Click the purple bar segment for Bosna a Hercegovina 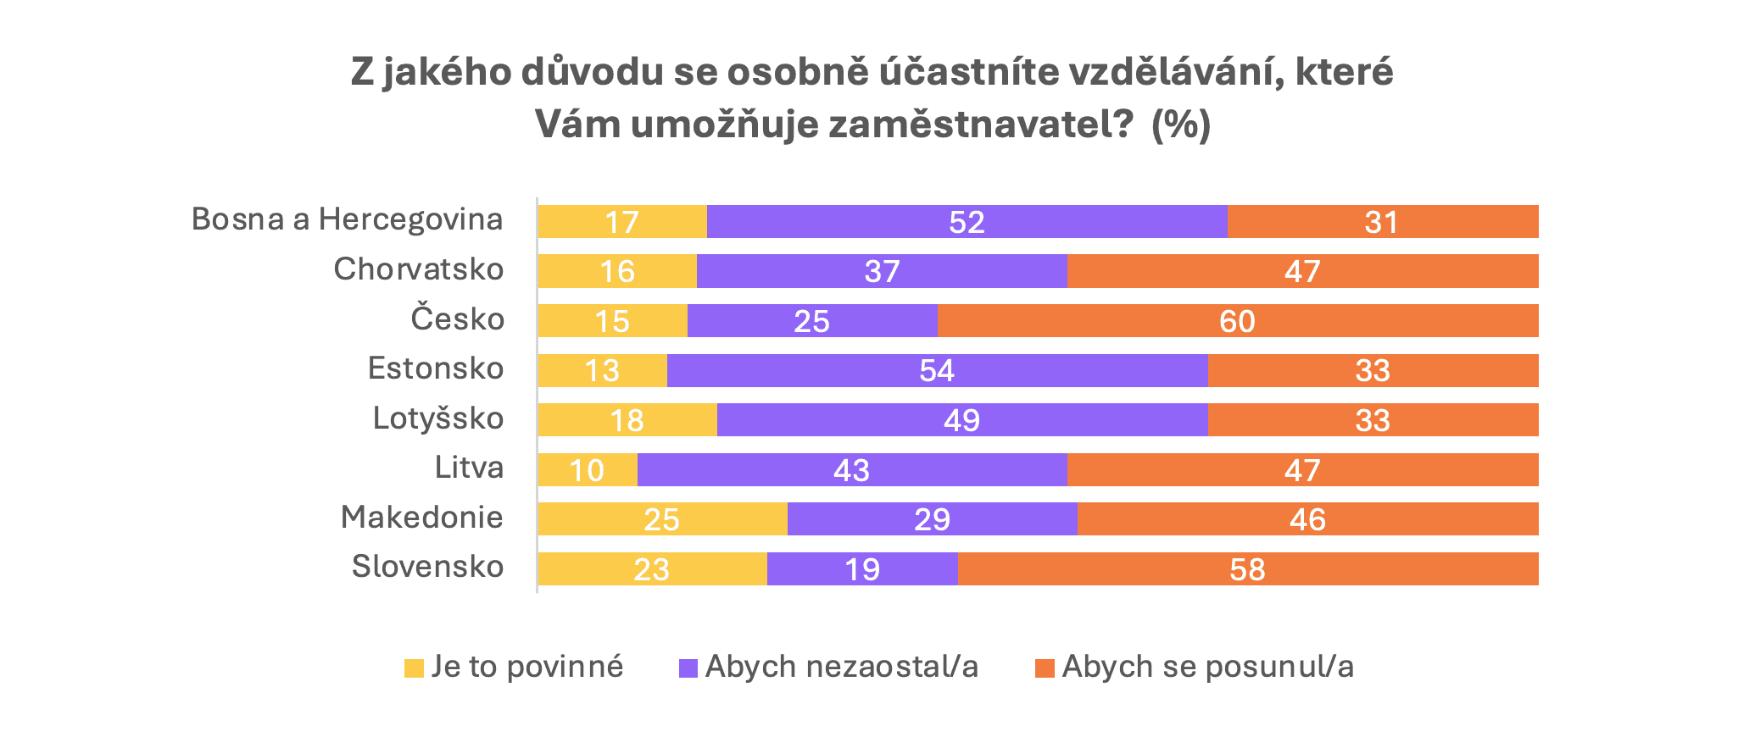[967, 222]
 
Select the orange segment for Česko [1238, 321]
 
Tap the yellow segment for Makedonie [662, 519]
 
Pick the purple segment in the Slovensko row [862, 569]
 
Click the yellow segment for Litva [588, 470]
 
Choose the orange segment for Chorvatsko [1302, 271]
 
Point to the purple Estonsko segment [937, 371]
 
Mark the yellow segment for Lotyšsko [627, 420]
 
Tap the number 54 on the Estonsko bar [937, 371]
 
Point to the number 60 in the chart [1237, 322]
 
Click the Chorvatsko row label [419, 269]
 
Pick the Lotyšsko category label [438, 418]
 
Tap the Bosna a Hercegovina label [348, 219]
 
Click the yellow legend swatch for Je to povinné [414, 668]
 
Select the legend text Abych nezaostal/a [841, 668]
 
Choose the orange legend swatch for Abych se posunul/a [1045, 668]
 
